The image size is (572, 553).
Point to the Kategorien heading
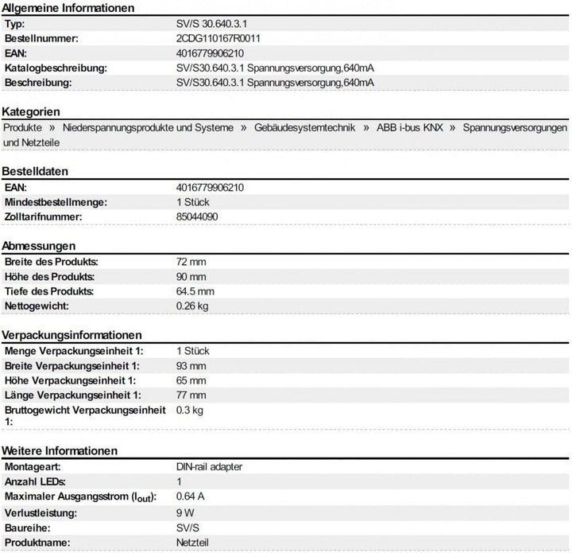(32, 111)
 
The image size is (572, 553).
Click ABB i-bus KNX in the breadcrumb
(410, 127)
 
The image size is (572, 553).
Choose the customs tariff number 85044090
(197, 216)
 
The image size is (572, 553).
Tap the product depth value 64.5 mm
(195, 291)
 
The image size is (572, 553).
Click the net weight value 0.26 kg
(191, 306)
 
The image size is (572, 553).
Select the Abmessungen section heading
(39, 246)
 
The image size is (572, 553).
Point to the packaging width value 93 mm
(191, 365)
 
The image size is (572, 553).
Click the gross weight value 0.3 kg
(189, 410)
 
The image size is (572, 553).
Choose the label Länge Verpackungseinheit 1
(73, 395)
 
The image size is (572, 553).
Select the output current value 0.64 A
(190, 497)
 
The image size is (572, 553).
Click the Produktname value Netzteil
(193, 542)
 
